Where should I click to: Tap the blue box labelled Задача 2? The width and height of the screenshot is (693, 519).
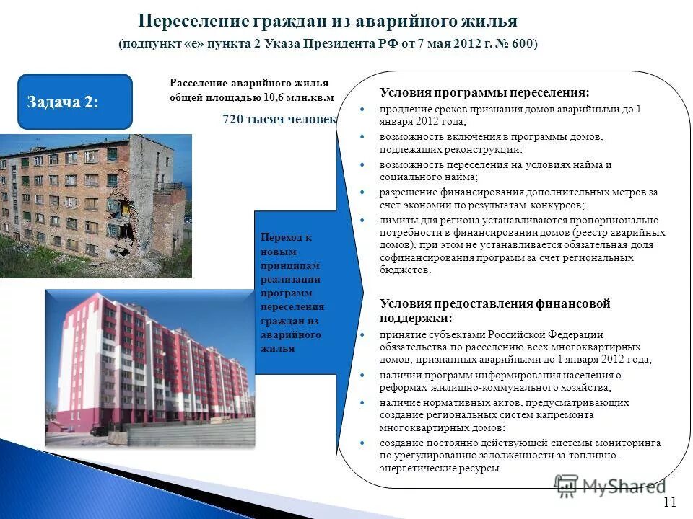(x=74, y=102)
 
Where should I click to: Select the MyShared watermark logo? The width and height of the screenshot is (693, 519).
(x=610, y=485)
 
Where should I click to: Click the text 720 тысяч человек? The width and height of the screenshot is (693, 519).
(x=280, y=120)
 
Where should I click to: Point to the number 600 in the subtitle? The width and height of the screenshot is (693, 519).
(x=520, y=44)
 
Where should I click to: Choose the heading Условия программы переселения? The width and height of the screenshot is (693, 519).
(x=484, y=93)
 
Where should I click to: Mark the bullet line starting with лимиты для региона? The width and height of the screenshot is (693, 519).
(x=519, y=220)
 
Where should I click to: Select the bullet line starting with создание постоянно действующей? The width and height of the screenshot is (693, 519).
(x=520, y=443)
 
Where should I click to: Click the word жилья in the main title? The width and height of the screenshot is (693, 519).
(x=490, y=20)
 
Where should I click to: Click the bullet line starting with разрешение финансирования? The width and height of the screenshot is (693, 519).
(x=519, y=192)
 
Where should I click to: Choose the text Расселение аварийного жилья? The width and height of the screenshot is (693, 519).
(x=248, y=84)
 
